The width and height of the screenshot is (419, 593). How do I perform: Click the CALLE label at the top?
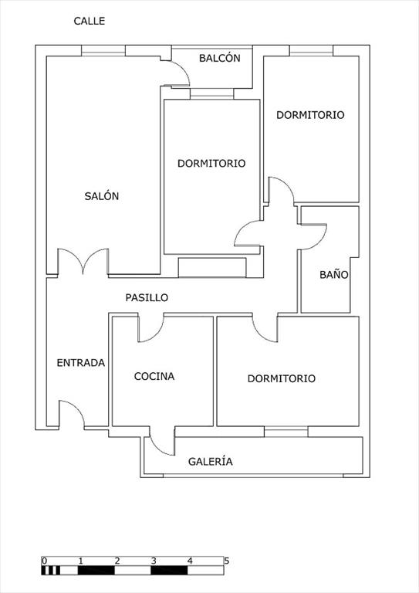90,21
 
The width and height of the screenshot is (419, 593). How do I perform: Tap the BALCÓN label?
219,58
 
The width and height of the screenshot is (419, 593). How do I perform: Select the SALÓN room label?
102,196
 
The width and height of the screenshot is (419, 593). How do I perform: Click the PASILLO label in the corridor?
147,297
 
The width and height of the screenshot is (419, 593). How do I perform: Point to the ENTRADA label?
81,363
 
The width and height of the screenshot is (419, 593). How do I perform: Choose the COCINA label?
154,376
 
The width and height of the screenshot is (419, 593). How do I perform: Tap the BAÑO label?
334,274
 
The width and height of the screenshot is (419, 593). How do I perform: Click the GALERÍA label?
211,461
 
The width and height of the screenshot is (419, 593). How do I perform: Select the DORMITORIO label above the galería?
282,378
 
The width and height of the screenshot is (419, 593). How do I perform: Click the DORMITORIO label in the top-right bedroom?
310,115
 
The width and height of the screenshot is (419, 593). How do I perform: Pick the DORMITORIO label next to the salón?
211,164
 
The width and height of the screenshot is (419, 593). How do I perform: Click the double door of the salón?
83,261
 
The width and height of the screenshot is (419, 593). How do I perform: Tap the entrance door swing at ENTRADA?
72,414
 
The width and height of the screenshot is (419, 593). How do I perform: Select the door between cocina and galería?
163,442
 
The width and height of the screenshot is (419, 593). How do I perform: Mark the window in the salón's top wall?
103,51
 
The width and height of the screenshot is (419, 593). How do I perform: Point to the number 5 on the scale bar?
227,561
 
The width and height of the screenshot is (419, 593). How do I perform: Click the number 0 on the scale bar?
44,561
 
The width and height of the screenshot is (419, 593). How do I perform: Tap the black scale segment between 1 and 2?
96,571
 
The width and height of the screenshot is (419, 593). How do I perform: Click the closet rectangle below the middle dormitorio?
212,267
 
